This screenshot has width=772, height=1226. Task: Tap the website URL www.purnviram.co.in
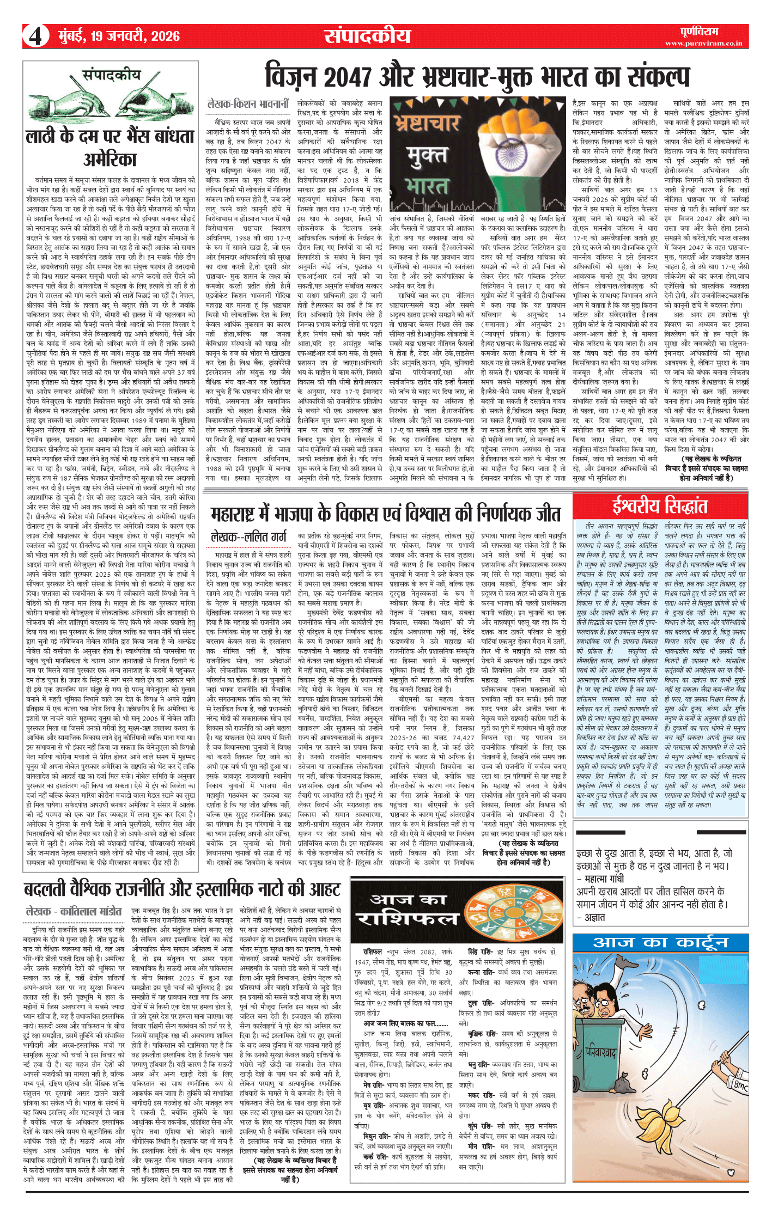(x=703, y=43)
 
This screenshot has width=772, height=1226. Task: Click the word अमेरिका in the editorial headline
(x=110, y=160)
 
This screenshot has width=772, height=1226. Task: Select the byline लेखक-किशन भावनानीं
(x=248, y=103)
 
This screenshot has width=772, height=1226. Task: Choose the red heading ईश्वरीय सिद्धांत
(x=660, y=507)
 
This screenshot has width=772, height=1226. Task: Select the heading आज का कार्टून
(x=660, y=943)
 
